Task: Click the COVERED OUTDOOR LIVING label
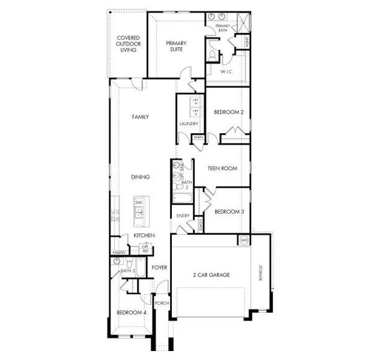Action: point(128,44)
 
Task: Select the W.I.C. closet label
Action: point(226,71)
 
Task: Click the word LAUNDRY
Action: point(189,124)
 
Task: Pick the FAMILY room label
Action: point(141,117)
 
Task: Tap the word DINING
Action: point(141,177)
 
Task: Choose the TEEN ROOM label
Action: point(223,169)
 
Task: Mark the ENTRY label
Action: point(183,215)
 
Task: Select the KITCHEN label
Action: point(144,235)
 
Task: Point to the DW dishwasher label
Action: point(138,203)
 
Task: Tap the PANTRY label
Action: point(118,253)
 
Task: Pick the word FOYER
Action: point(159,268)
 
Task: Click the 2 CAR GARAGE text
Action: point(211,275)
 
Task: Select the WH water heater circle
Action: point(244,240)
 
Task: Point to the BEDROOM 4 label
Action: point(131,313)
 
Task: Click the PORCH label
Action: point(162,304)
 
